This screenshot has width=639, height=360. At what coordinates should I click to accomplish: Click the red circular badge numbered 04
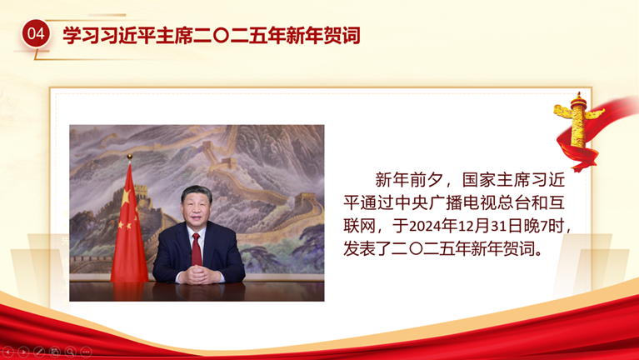[x=36, y=33]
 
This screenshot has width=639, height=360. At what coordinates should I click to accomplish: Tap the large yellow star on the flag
[x=126, y=197]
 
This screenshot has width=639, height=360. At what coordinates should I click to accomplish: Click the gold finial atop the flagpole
[x=130, y=157]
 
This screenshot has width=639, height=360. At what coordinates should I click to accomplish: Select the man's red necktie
[x=197, y=249]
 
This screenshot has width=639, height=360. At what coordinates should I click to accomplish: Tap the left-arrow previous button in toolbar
[x=7, y=352]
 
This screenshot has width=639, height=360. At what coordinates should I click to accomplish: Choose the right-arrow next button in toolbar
[x=23, y=352]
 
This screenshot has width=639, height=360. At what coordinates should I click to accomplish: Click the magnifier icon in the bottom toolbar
[x=71, y=352]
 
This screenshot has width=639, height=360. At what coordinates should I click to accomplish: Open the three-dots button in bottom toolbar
[x=86, y=352]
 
